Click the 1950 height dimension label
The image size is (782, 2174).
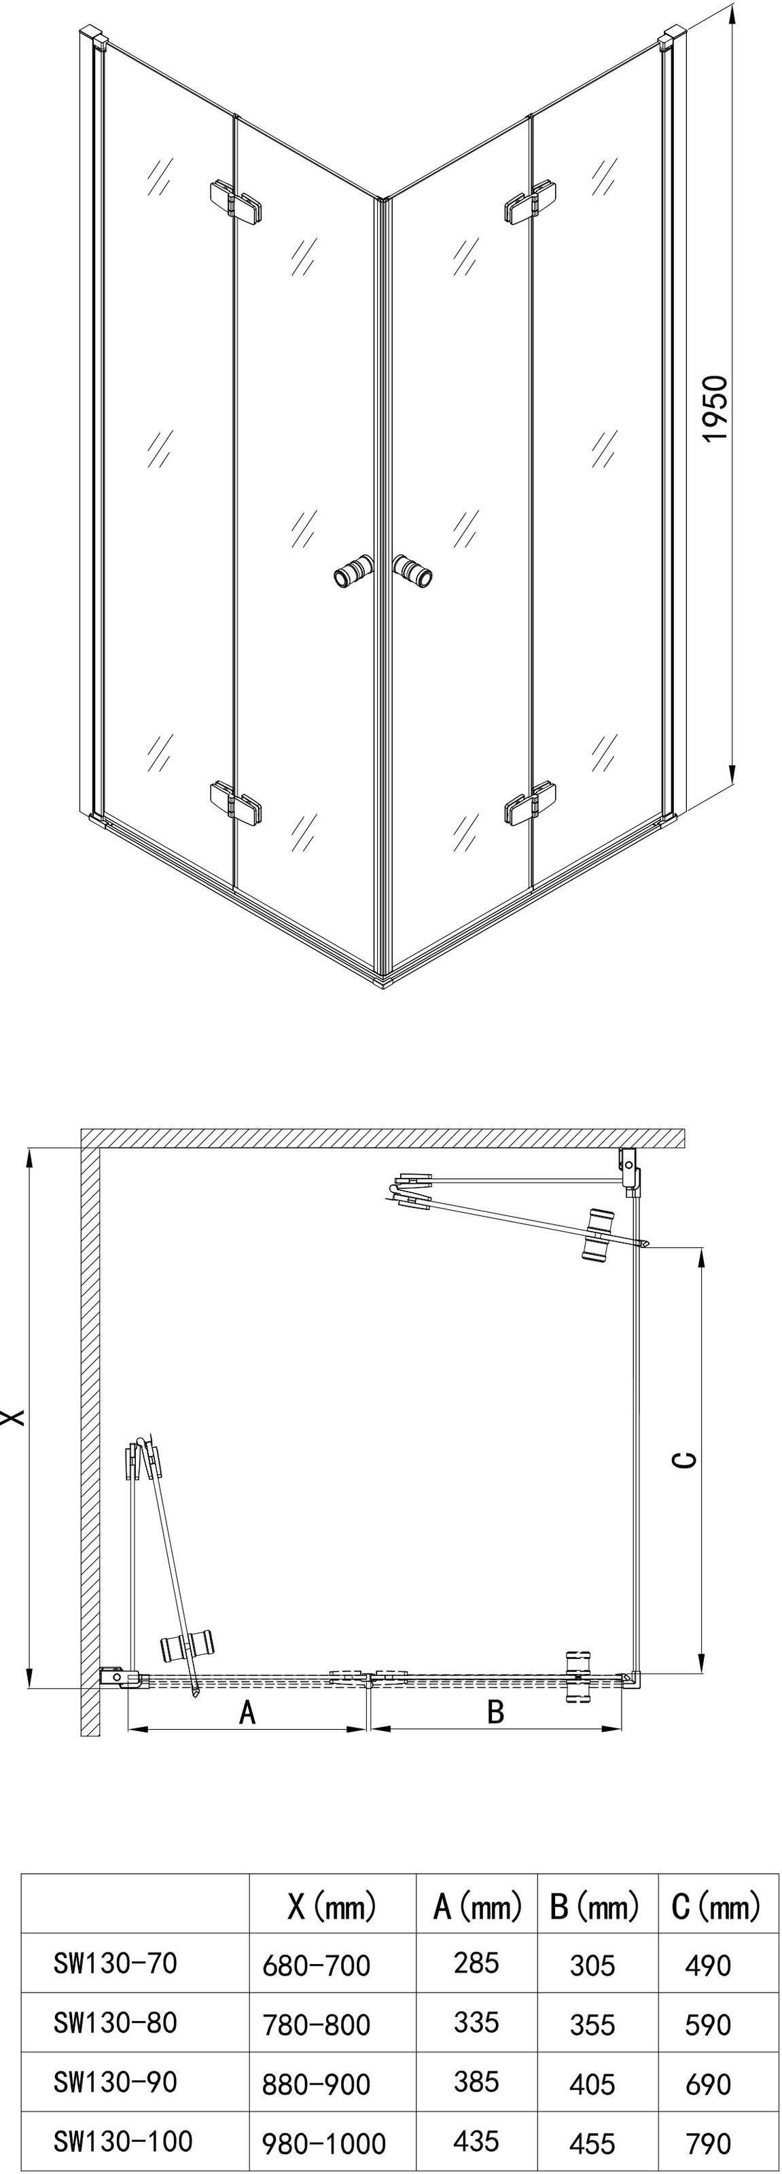(x=713, y=408)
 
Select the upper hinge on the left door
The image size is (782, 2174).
(x=235, y=202)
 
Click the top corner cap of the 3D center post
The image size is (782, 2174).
(x=384, y=200)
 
